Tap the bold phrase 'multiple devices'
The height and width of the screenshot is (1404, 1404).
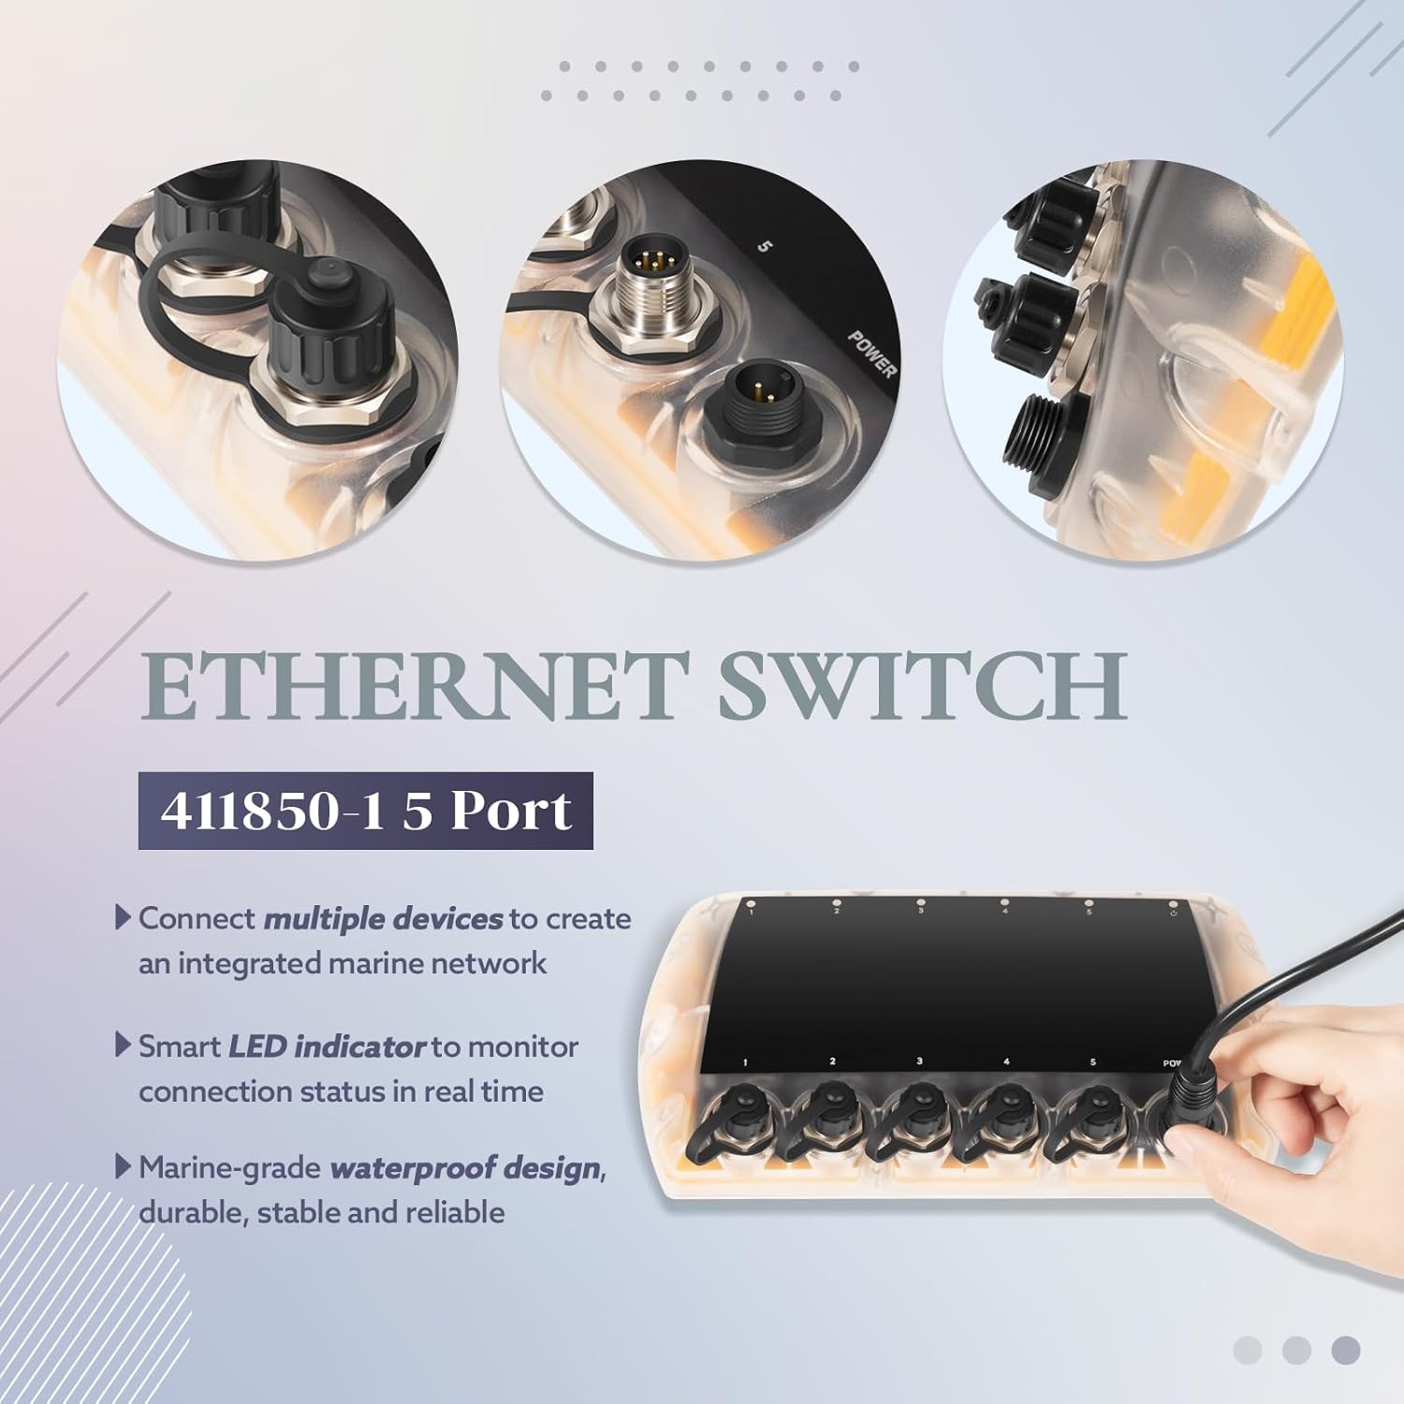point(384,919)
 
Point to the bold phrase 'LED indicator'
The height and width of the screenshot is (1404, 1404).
point(328,1046)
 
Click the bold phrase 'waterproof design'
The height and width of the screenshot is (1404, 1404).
point(464,1168)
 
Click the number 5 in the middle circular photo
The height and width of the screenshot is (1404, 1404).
point(766,248)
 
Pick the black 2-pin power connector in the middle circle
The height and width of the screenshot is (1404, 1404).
point(753,394)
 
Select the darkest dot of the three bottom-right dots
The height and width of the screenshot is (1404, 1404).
point(1346,1350)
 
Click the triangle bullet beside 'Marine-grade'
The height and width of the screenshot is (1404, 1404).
point(123,1166)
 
